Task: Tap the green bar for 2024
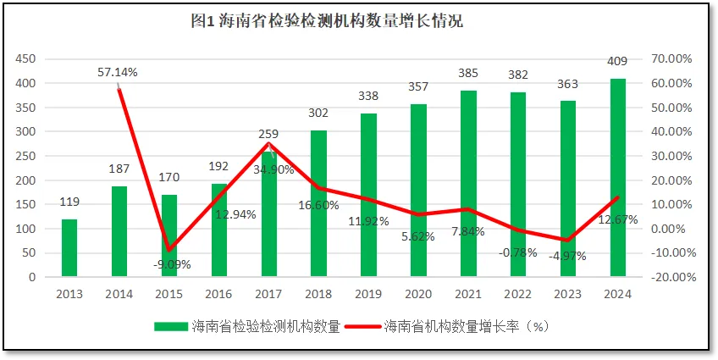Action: [618, 178]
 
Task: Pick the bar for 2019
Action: [369, 195]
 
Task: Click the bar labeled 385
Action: [469, 183]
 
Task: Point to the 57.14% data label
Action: [118, 73]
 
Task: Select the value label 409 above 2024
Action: [618, 61]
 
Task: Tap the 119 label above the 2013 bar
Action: [69, 202]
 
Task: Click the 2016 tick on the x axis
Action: [219, 292]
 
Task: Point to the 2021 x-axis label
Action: [469, 292]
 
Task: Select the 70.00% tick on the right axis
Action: [672, 59]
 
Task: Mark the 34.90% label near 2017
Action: [273, 169]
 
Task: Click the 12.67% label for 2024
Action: [618, 219]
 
